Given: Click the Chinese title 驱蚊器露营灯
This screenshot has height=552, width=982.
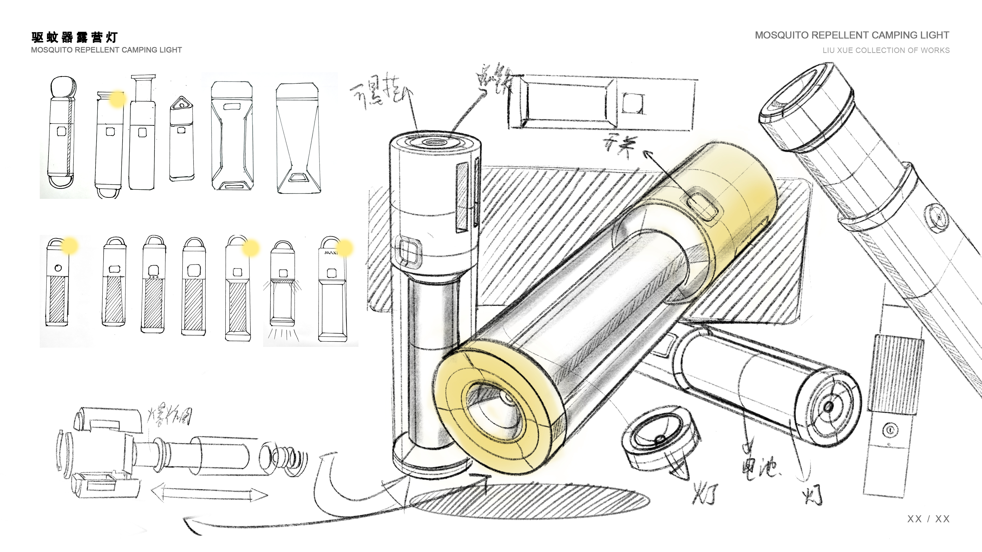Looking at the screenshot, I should tap(74, 37).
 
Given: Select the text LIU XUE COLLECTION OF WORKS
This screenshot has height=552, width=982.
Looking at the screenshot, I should tap(886, 50).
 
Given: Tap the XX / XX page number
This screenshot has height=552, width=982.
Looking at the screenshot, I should tap(928, 519).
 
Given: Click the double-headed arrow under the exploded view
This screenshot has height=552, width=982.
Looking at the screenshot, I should tap(209, 493).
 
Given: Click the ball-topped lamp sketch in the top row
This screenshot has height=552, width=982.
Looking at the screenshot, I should tap(62, 130).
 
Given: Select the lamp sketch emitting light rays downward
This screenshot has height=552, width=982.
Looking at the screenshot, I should tap(282, 290).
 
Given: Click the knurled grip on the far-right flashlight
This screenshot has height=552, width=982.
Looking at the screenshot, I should tap(896, 373).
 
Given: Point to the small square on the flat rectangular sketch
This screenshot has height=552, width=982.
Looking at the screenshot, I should tap(633, 103).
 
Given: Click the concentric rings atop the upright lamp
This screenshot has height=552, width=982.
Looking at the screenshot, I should tap(435, 142).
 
